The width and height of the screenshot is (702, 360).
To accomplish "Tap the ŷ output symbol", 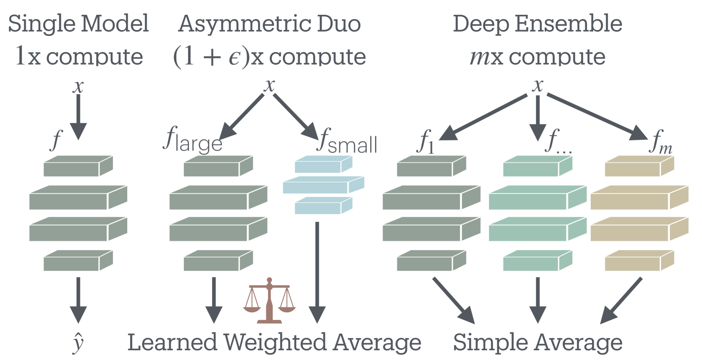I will click(x=78, y=342).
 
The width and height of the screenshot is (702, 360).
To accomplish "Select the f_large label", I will click(x=192, y=140).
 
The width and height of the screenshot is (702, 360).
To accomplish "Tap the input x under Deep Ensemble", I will click(x=538, y=85).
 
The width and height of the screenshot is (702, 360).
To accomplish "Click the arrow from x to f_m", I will click(x=597, y=116).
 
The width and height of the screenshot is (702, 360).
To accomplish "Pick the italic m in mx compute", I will click(x=480, y=57).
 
